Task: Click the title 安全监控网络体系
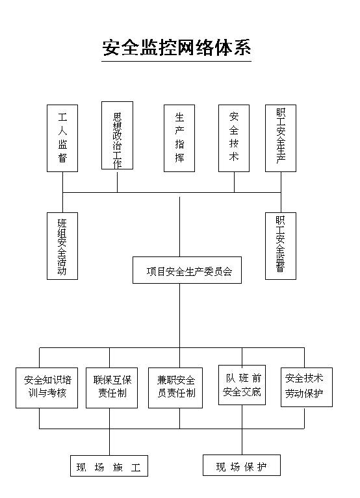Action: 177,47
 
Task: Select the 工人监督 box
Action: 62,138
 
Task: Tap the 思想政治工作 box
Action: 117,135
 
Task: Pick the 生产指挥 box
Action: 179,138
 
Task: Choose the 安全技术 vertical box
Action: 234,138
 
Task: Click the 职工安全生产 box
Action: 281,138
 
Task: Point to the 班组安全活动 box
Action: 62,246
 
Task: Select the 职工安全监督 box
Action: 281,246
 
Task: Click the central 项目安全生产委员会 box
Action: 187,270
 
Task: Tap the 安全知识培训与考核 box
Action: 47,388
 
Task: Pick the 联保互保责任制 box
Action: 112,388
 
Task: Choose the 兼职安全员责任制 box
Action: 175,388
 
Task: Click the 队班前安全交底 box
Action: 242,385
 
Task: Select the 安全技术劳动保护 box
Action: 307,387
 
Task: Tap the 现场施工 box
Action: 109,466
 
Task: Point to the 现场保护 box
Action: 242,466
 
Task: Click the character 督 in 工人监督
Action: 62,158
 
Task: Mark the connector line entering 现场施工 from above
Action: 110,432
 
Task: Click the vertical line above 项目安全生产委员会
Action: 179,227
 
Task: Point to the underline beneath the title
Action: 176,61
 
